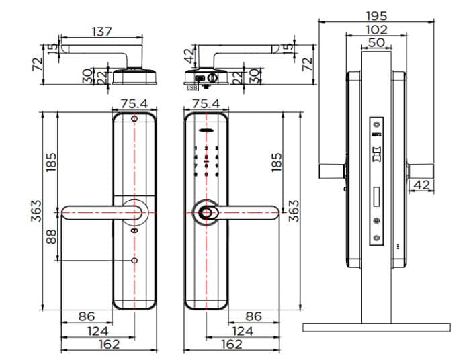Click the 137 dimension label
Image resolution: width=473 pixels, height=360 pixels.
[101, 31]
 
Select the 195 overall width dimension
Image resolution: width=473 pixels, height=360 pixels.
[376, 15]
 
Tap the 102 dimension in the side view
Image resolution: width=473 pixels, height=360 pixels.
[376, 29]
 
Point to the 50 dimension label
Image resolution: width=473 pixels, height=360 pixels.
[376, 42]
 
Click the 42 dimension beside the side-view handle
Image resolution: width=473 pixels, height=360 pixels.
[422, 185]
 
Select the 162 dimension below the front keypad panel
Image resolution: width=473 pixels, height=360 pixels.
[232, 344]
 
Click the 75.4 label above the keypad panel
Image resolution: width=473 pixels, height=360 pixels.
[206, 103]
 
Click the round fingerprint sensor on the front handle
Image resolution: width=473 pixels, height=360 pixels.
[206, 213]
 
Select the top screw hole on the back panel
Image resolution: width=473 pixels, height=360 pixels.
[134, 120]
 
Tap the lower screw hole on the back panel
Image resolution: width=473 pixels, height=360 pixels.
[134, 261]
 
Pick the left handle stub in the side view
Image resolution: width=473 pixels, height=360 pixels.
[332, 171]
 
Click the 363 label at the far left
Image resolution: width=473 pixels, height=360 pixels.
[37, 210]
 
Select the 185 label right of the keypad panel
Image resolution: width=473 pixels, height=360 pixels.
[276, 161]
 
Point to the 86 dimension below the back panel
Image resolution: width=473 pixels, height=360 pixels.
[87, 316]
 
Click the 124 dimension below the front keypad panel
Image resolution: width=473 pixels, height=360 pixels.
[242, 330]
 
